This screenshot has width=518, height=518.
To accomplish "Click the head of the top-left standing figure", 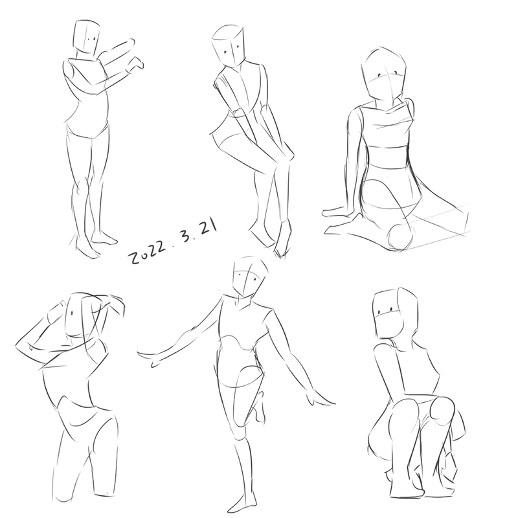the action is coord(87,38).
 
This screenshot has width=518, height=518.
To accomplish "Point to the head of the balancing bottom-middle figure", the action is coord(249,277).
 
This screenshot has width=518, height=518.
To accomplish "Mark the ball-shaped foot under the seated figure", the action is coord(400,237).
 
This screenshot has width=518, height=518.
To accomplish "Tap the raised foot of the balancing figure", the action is coord(259,407).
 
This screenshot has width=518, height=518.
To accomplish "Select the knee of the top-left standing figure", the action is coord(81,185).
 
